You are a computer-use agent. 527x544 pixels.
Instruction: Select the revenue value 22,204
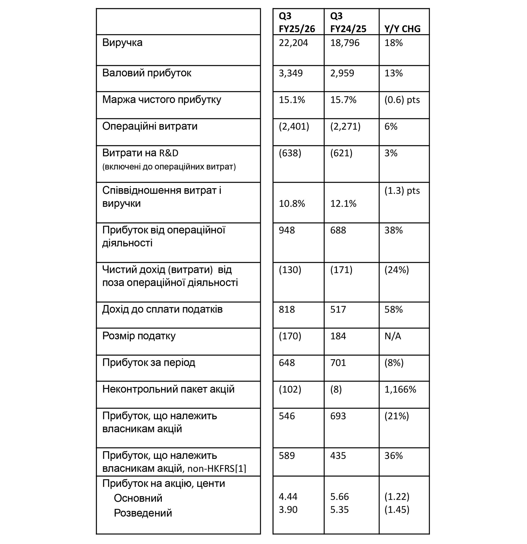293,43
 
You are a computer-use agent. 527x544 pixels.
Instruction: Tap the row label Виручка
122,42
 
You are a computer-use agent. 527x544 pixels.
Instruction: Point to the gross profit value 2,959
342,73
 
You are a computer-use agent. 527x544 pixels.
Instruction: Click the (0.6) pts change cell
402,100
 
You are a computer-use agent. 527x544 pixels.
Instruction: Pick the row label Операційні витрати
150,126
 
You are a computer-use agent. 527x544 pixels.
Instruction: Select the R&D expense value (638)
290,153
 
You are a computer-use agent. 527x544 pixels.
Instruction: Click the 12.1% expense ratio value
343,203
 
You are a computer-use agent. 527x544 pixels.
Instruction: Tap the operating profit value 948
287,230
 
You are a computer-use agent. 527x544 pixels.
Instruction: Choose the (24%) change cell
397,270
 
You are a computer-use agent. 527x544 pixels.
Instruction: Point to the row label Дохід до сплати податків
162,309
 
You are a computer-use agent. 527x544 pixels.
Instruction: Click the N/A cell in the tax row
392,336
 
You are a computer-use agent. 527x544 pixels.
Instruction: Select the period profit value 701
338,362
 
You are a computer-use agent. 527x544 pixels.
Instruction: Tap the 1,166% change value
400,389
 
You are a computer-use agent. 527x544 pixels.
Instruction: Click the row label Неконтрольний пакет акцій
168,389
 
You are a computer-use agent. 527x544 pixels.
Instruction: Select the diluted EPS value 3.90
288,509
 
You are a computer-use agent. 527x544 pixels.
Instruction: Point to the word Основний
138,498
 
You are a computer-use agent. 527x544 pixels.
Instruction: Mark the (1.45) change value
397,509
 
